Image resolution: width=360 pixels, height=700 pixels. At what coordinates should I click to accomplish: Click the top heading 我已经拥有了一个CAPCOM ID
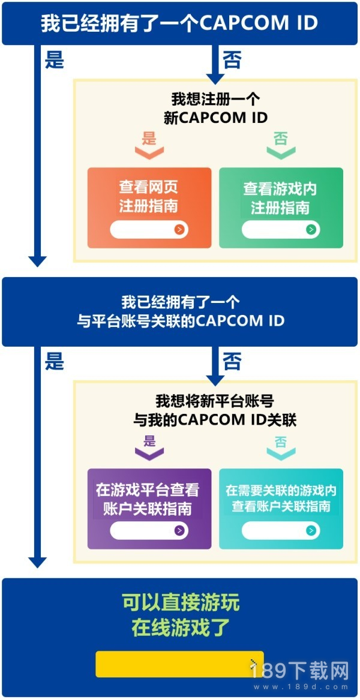pyautogui.click(x=179, y=23)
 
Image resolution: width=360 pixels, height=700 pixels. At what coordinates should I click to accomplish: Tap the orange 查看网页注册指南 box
pyautogui.click(x=149, y=208)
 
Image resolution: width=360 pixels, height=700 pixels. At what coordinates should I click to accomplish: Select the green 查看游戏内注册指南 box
pyautogui.click(x=281, y=208)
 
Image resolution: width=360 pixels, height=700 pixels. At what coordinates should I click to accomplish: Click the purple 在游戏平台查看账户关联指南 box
pyautogui.click(x=149, y=509)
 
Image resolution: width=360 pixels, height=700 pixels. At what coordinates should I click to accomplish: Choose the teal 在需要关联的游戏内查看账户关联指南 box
pyautogui.click(x=281, y=509)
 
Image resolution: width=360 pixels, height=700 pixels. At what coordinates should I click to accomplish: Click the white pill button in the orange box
pyautogui.click(x=149, y=230)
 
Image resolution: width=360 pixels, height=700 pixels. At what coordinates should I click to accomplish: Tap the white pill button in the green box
pyautogui.click(x=281, y=230)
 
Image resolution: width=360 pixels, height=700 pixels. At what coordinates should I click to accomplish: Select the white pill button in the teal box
pyautogui.click(x=281, y=530)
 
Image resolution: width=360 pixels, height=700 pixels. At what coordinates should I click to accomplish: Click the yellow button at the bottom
pyautogui.click(x=179, y=664)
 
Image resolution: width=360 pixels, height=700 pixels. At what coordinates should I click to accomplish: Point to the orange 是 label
pyautogui.click(x=149, y=139)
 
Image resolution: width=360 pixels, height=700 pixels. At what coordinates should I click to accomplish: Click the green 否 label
pyautogui.click(x=281, y=139)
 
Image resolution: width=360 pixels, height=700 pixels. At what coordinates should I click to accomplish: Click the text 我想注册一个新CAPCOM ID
pyautogui.click(x=215, y=108)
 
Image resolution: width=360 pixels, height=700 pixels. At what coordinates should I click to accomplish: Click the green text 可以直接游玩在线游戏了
pyautogui.click(x=181, y=615)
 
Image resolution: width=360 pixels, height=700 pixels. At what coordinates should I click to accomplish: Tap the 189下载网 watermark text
pyautogui.click(x=299, y=670)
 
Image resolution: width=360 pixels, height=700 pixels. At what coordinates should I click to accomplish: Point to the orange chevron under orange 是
pyautogui.click(x=149, y=152)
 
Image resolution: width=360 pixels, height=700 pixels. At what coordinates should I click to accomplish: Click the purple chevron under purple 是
pyautogui.click(x=149, y=453)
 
